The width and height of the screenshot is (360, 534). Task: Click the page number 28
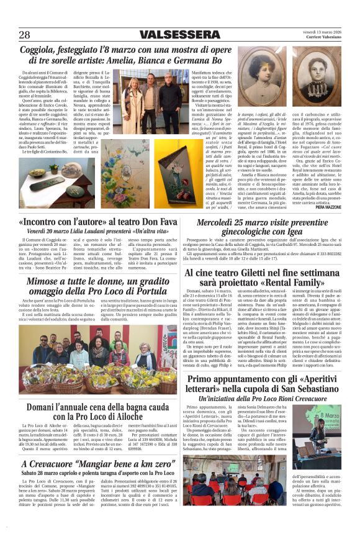25,34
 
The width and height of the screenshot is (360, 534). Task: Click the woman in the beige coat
133,100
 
